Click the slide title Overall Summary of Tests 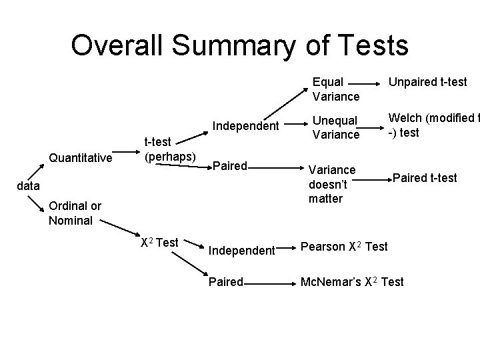(239, 45)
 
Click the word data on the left (27, 186)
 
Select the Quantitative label (80, 158)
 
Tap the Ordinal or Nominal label (75, 213)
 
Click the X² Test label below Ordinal (159, 243)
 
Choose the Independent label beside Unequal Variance (245, 125)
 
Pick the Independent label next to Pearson (241, 251)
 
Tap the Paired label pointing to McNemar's (226, 282)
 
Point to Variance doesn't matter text (332, 184)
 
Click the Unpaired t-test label (428, 82)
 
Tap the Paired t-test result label (425, 177)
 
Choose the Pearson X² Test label (344, 247)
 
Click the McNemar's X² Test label (352, 282)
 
